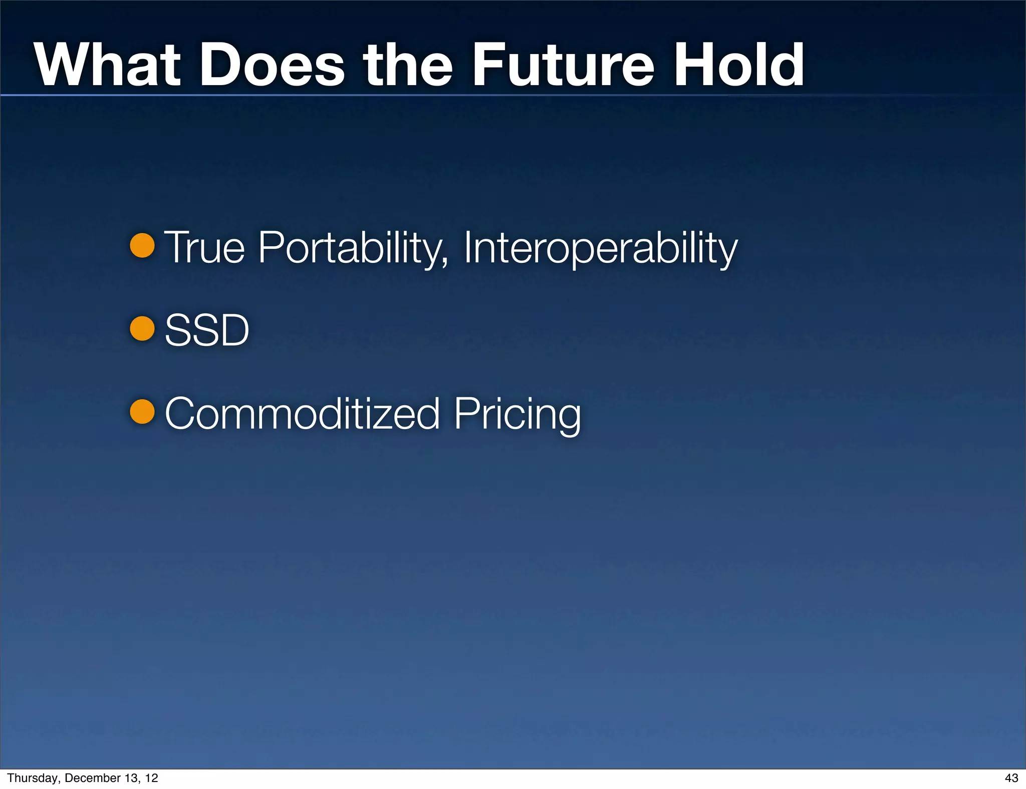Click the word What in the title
point(107,65)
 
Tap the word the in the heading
point(408,65)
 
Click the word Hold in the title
point(738,65)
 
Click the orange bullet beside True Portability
point(142,246)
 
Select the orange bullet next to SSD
point(142,329)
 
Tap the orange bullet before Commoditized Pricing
point(142,412)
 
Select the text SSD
point(206,330)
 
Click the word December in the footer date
point(89,778)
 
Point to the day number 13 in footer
point(127,778)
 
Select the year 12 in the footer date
point(151,778)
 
